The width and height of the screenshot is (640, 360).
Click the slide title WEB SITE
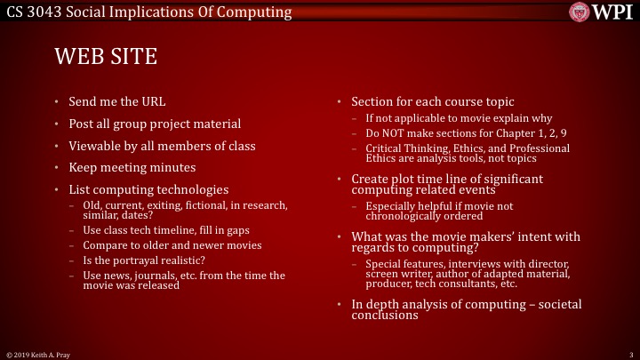pyautogui.click(x=106, y=58)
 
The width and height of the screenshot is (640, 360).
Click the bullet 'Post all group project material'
pyautogui.click(x=155, y=124)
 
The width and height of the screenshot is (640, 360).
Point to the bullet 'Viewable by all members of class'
pyautogui.click(x=162, y=146)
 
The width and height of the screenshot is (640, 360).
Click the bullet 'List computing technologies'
pyautogui.click(x=148, y=189)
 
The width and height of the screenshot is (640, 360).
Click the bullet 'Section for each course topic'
pyautogui.click(x=432, y=101)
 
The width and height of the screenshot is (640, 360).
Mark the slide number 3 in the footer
pyautogui.click(x=629, y=354)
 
